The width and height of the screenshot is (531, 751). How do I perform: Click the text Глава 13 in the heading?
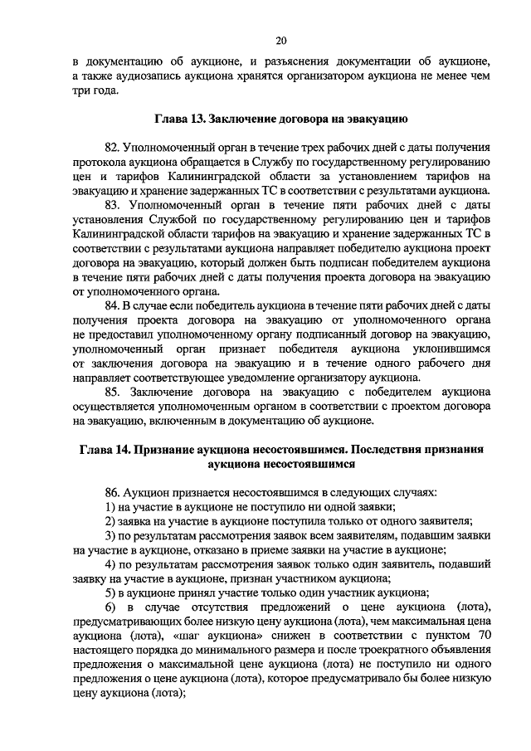click(178, 118)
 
